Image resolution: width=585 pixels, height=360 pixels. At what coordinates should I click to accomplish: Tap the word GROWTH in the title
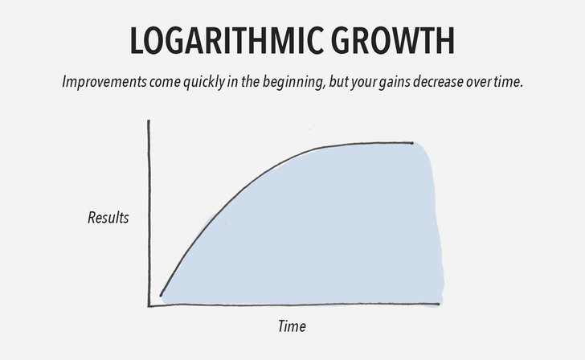pyautogui.click(x=392, y=41)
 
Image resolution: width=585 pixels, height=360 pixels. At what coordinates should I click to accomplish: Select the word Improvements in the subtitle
pyautogui.click(x=104, y=82)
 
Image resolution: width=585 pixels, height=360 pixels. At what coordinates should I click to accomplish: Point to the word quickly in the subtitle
pyautogui.click(x=204, y=82)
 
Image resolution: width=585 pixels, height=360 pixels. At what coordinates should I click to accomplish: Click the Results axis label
pyautogui.click(x=108, y=218)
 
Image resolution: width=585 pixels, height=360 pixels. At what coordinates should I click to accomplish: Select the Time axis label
pyautogui.click(x=292, y=326)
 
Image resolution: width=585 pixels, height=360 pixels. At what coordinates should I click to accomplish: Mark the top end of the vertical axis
pyautogui.click(x=149, y=121)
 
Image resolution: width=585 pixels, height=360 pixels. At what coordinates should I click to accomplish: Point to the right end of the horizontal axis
pyautogui.click(x=439, y=305)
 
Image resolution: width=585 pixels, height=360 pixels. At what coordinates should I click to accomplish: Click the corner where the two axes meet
pyautogui.click(x=149, y=306)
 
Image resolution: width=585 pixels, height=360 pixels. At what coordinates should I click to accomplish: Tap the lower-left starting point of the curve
pyautogui.click(x=161, y=296)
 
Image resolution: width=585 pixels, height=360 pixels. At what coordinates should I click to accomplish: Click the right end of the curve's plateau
pyautogui.click(x=412, y=143)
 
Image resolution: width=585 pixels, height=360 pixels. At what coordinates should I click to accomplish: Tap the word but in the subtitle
pyautogui.click(x=338, y=82)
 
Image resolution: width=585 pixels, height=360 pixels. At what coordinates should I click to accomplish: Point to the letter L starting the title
pyautogui.click(x=136, y=41)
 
